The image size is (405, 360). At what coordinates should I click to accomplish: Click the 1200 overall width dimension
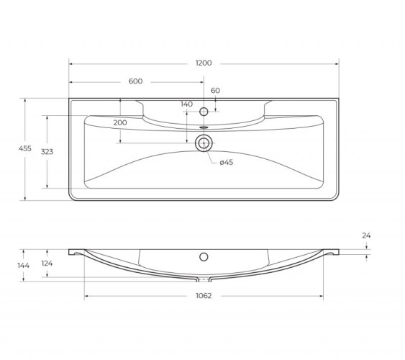[204, 63]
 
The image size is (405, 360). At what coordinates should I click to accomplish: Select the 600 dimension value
[135, 81]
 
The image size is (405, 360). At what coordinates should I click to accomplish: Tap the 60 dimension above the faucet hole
[215, 90]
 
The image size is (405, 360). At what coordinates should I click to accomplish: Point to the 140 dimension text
[187, 104]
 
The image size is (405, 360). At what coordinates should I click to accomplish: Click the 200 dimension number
[120, 123]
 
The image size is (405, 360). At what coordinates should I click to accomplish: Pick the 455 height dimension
[25, 148]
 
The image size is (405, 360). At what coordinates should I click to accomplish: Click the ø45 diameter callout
[227, 163]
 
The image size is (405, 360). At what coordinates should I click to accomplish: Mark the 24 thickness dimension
[367, 235]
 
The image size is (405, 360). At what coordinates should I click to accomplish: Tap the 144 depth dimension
[24, 265]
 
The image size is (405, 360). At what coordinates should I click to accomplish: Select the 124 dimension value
[47, 264]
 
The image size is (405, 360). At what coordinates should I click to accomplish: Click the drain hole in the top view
[204, 143]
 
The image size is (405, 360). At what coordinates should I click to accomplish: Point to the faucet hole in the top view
[204, 112]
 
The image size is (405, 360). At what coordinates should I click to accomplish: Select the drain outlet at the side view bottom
[204, 278]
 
